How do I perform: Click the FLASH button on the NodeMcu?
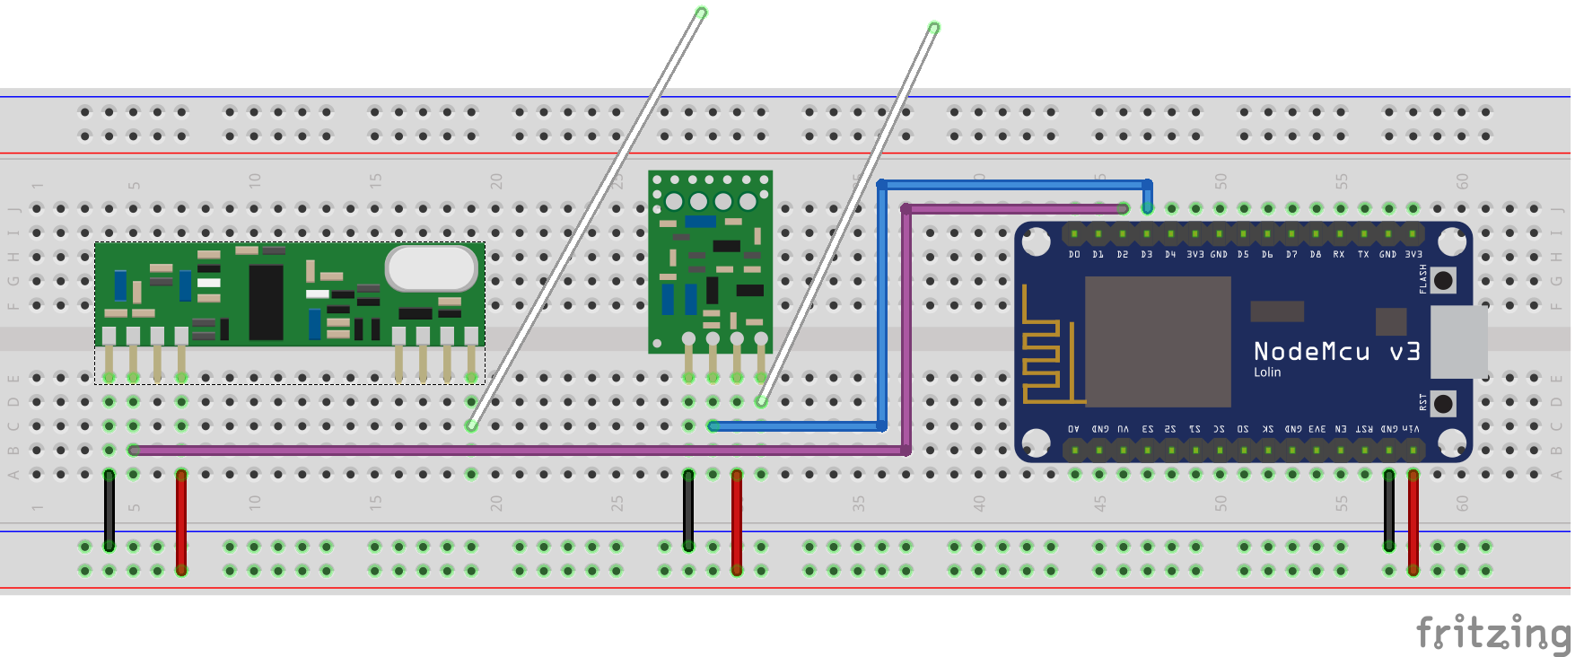1443,281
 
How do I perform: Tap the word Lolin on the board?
1267,372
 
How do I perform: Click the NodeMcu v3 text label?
1336,351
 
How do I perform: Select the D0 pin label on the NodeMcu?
1074,255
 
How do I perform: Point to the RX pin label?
1339,255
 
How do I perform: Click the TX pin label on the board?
1363,255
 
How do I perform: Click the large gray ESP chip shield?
1158,341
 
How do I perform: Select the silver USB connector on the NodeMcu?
1457,342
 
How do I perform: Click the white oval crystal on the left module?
432,267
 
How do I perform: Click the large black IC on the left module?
266,302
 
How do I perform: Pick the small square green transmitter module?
710,260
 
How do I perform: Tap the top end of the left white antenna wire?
701,13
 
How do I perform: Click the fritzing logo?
1492,633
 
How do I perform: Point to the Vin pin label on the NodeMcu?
1412,429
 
